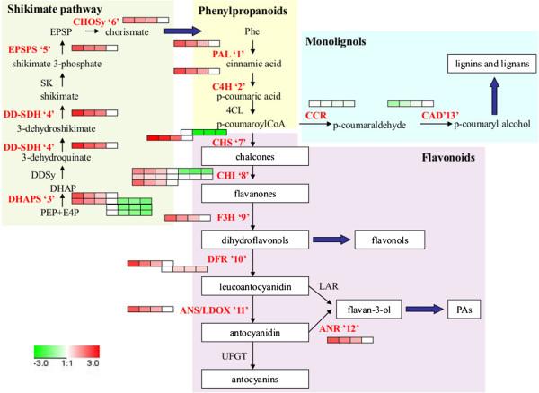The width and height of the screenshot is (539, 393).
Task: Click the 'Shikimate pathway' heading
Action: pos(51,8)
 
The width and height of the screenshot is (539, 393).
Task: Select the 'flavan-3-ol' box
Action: pos(364,310)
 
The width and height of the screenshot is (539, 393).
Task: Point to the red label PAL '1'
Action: pos(219,55)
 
